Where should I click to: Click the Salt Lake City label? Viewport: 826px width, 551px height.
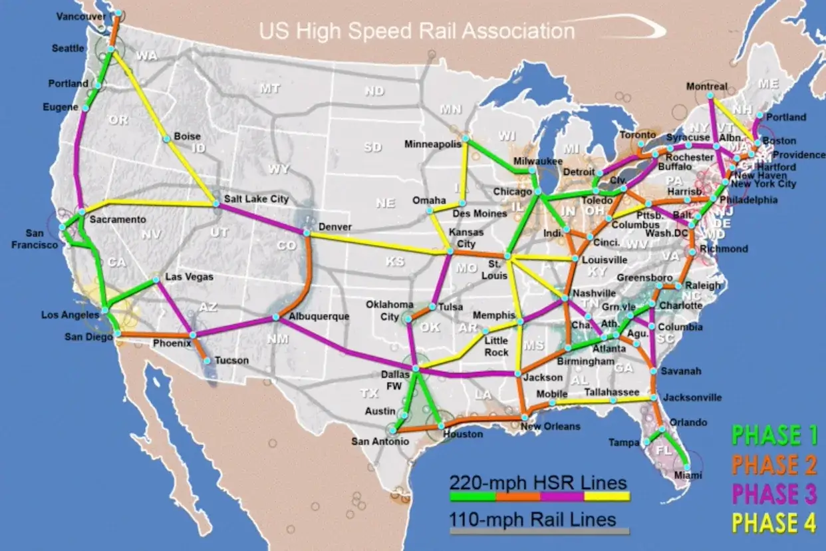pyautogui.click(x=256, y=198)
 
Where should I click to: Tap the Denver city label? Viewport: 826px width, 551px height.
pyautogui.click(x=335, y=226)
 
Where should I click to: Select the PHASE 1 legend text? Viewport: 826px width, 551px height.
pyautogui.click(x=774, y=436)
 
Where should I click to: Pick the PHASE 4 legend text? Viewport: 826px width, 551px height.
pyautogui.click(x=774, y=524)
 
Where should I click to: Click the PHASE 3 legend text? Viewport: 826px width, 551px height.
pyautogui.click(x=774, y=494)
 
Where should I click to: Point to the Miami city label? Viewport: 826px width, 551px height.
pyautogui.click(x=688, y=475)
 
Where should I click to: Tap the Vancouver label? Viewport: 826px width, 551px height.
pyautogui.click(x=81, y=16)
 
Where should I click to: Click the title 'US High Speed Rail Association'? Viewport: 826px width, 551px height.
pyautogui.click(x=417, y=31)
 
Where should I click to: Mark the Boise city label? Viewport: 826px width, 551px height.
pyautogui.click(x=187, y=136)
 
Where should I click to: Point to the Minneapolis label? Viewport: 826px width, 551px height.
pyautogui.click(x=433, y=144)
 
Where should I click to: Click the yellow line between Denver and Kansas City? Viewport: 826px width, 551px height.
pyautogui.click(x=379, y=243)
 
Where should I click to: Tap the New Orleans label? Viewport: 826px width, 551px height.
pyautogui.click(x=550, y=426)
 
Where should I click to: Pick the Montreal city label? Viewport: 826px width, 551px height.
pyautogui.click(x=706, y=87)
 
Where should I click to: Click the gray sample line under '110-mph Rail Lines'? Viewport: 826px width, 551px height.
pyautogui.click(x=539, y=531)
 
